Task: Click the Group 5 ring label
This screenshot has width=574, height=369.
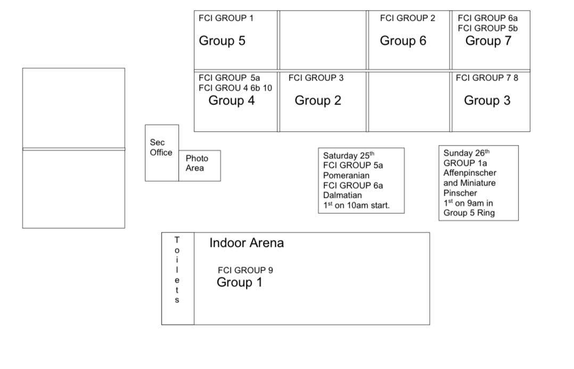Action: [x=222, y=41]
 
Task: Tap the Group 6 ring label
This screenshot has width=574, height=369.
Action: [x=403, y=41]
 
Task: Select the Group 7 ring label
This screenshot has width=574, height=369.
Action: [x=488, y=41]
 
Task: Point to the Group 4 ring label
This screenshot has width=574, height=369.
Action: [x=231, y=100]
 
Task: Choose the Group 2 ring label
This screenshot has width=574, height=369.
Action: [x=318, y=100]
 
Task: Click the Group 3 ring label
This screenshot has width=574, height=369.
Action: [x=487, y=100]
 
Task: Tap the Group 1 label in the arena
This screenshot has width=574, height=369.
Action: [x=240, y=283]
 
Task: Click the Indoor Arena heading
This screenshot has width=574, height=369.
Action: [x=247, y=243]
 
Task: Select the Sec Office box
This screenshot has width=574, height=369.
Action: [x=162, y=153]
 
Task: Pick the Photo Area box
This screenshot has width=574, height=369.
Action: [x=200, y=166]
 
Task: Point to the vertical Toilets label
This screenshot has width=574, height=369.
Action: [x=177, y=270]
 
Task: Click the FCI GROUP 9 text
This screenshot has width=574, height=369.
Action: [x=245, y=270]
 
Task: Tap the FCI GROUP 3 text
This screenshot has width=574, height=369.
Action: [x=316, y=78]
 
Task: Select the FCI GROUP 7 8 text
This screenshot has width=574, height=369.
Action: [x=487, y=78]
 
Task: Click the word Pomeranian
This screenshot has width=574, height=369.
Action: [x=346, y=175]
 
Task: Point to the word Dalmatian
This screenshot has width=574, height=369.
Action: [x=342, y=195]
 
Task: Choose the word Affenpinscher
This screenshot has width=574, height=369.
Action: [x=470, y=173]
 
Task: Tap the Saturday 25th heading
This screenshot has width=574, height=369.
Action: [x=348, y=155]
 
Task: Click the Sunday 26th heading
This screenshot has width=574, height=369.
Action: [x=466, y=153]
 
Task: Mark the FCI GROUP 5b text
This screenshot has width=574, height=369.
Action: [x=488, y=28]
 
